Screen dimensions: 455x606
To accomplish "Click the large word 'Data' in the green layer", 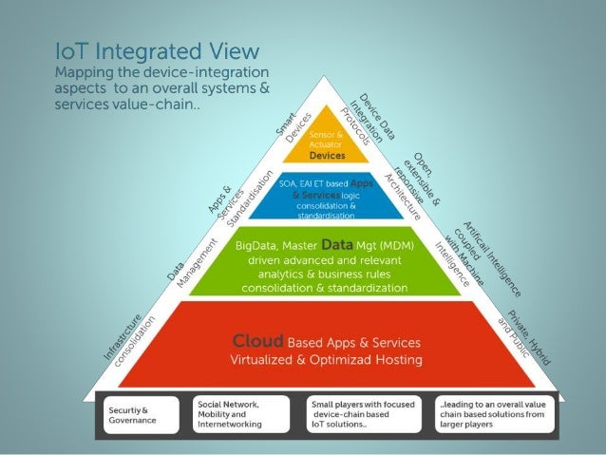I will (x=337, y=245).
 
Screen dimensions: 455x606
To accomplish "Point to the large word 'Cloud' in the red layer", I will (x=257, y=340).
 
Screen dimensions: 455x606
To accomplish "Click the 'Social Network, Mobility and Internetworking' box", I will (x=243, y=414).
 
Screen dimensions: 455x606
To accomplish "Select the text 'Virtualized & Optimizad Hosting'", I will (x=327, y=361).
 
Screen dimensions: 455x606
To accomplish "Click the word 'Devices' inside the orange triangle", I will (x=327, y=155).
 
